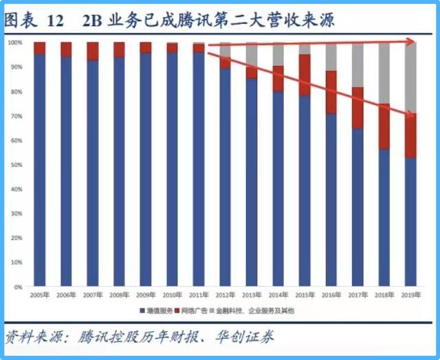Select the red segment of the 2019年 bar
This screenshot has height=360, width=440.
pyautogui.click(x=411, y=136)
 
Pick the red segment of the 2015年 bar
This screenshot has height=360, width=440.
pyautogui.click(x=305, y=74)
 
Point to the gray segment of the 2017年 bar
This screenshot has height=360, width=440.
pyautogui.click(x=357, y=65)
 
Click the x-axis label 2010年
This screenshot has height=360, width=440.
pyautogui.click(x=172, y=296)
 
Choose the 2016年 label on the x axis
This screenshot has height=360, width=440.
pyautogui.click(x=331, y=296)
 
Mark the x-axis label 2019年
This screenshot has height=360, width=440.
pyautogui.click(x=410, y=296)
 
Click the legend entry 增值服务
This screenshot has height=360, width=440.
pyautogui.click(x=159, y=311)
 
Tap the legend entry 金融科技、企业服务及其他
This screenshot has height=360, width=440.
pyautogui.click(x=254, y=311)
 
